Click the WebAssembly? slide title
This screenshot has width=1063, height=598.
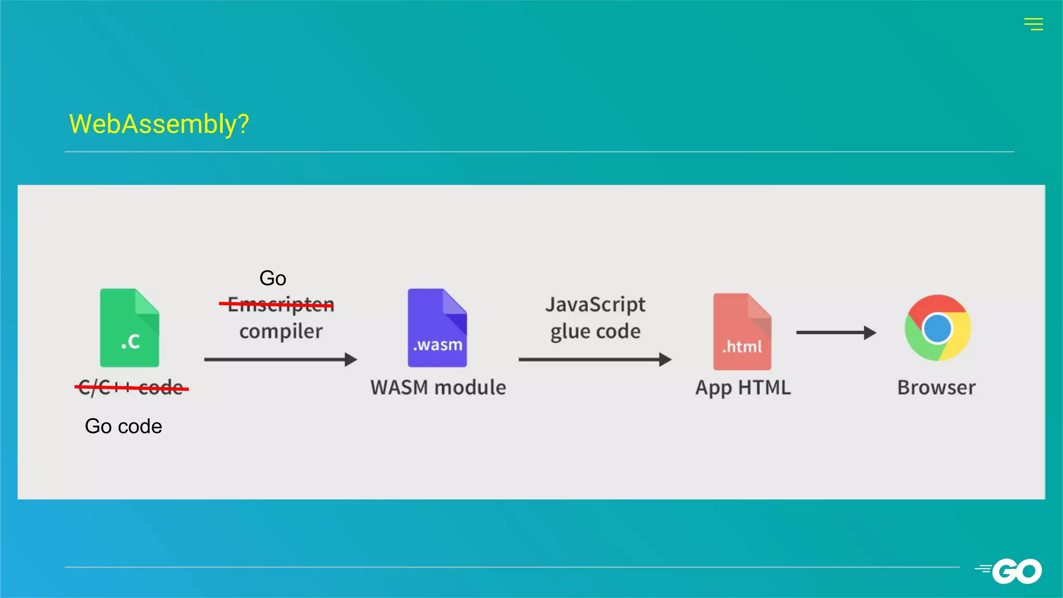click(159, 124)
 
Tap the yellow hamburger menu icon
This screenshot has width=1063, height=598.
click(1033, 24)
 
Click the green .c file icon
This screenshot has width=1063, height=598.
click(129, 328)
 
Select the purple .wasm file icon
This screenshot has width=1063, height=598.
click(437, 328)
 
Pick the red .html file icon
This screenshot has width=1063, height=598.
click(742, 332)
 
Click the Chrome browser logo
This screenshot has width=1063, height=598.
click(937, 328)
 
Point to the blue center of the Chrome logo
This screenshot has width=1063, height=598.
click(937, 328)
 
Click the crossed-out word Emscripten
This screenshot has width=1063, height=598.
click(280, 304)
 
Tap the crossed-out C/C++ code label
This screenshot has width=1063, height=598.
click(131, 387)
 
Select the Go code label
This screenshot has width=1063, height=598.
click(124, 426)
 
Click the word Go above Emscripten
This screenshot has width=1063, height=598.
click(272, 278)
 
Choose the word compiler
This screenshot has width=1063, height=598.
click(281, 331)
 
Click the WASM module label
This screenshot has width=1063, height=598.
click(438, 387)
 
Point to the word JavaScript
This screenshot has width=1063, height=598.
click(595, 304)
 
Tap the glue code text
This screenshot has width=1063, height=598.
click(595, 331)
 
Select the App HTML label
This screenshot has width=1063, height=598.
click(743, 387)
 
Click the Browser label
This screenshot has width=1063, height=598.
click(936, 387)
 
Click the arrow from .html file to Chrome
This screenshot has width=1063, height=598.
click(836, 332)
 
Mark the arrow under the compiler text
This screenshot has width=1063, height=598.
click(280, 359)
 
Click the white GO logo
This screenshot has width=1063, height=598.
click(1016, 571)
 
